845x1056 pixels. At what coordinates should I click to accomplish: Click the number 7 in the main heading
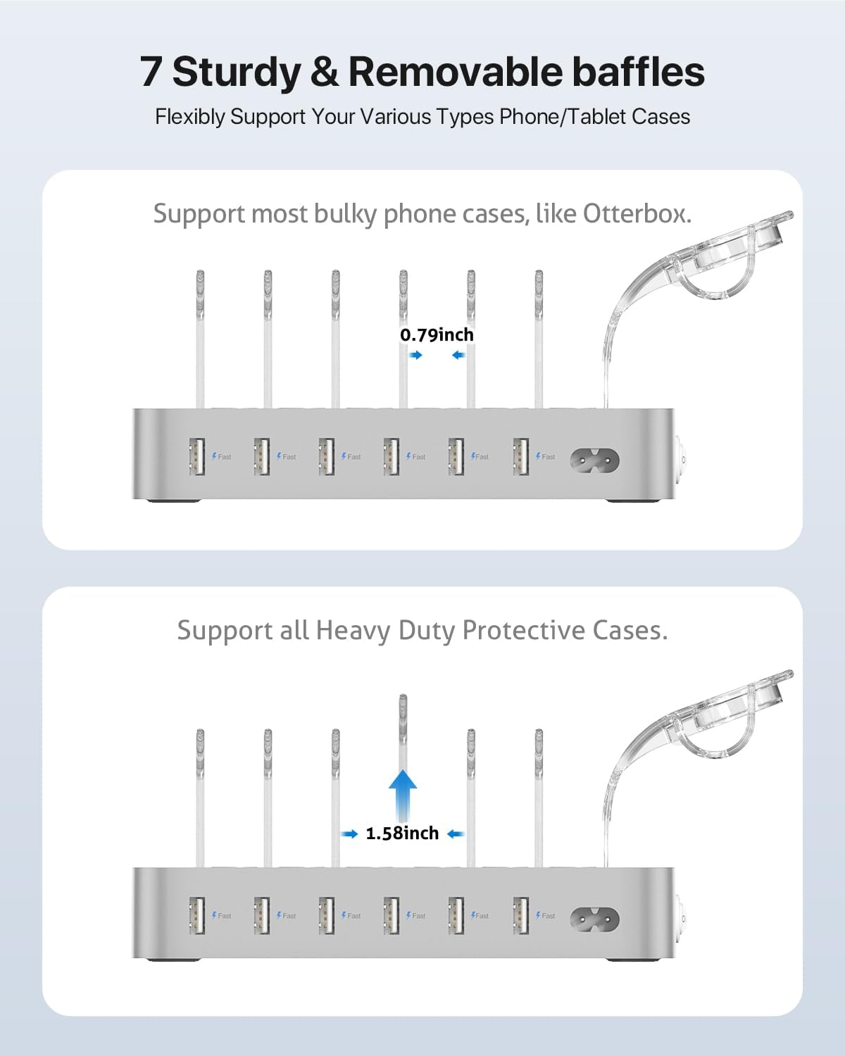[151, 73]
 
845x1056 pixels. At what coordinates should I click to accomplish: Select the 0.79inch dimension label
[437, 335]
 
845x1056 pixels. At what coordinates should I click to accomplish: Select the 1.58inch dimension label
[402, 834]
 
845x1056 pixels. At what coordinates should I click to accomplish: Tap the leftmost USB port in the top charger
[196, 456]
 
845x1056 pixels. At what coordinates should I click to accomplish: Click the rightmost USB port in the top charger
[521, 456]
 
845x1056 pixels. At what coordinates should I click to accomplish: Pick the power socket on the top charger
[594, 460]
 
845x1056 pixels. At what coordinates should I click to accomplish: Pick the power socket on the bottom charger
[594, 919]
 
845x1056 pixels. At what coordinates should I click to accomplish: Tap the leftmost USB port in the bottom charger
[196, 914]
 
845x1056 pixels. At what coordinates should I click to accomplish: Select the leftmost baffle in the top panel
[200, 338]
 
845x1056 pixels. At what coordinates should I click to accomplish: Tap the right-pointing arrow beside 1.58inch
[350, 834]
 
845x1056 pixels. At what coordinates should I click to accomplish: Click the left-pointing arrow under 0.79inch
[458, 356]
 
